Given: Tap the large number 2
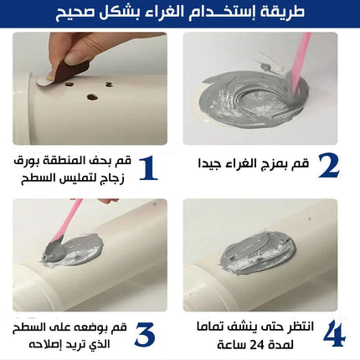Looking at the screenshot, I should click(x=328, y=166).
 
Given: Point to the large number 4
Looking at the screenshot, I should click(x=333, y=332).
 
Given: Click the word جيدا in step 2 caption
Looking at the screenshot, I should click(x=219, y=163).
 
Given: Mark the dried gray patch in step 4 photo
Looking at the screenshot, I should click(x=255, y=251).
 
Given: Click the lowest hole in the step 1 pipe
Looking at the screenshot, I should click(x=91, y=97).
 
